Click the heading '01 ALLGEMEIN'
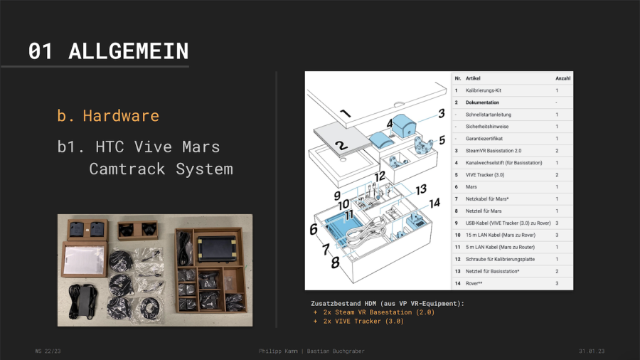108,51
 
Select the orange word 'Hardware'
120,115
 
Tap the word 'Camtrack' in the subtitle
127,169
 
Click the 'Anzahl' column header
562,78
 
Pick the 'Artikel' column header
476,78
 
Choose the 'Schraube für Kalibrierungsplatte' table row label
504,260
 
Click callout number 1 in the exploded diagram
345,114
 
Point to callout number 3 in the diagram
441,112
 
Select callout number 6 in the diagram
313,229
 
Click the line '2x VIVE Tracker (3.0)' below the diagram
363,321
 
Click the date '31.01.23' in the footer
592,351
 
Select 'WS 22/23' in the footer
49,351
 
